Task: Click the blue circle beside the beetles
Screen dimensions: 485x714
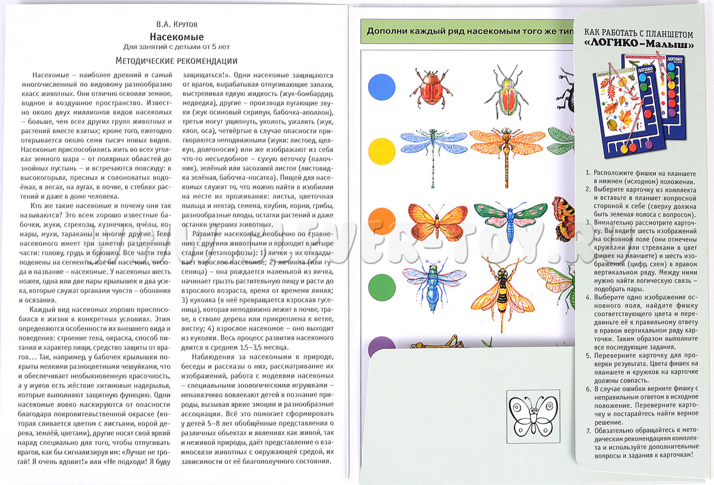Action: click(x=382, y=87)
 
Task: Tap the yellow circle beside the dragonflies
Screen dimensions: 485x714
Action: click(x=382, y=151)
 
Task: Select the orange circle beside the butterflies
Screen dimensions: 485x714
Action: click(x=382, y=221)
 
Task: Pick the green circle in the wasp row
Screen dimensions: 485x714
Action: click(x=382, y=287)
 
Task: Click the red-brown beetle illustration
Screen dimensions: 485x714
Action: click(x=428, y=88)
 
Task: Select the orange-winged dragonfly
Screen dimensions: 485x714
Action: click(x=506, y=148)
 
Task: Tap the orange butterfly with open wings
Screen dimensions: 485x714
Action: click(x=437, y=221)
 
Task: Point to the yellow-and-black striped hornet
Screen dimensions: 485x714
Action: click(x=503, y=293)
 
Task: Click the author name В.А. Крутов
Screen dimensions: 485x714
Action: click(x=176, y=25)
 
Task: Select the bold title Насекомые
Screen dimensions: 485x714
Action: click(x=176, y=37)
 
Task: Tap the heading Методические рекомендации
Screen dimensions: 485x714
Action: click(x=176, y=61)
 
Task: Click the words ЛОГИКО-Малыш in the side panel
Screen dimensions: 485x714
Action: click(x=638, y=44)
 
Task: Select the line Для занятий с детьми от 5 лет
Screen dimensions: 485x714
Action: click(x=176, y=47)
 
